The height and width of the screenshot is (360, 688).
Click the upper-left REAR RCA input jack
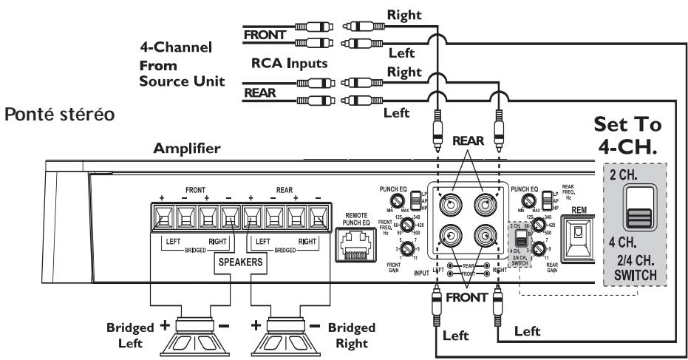[x=449, y=205]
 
